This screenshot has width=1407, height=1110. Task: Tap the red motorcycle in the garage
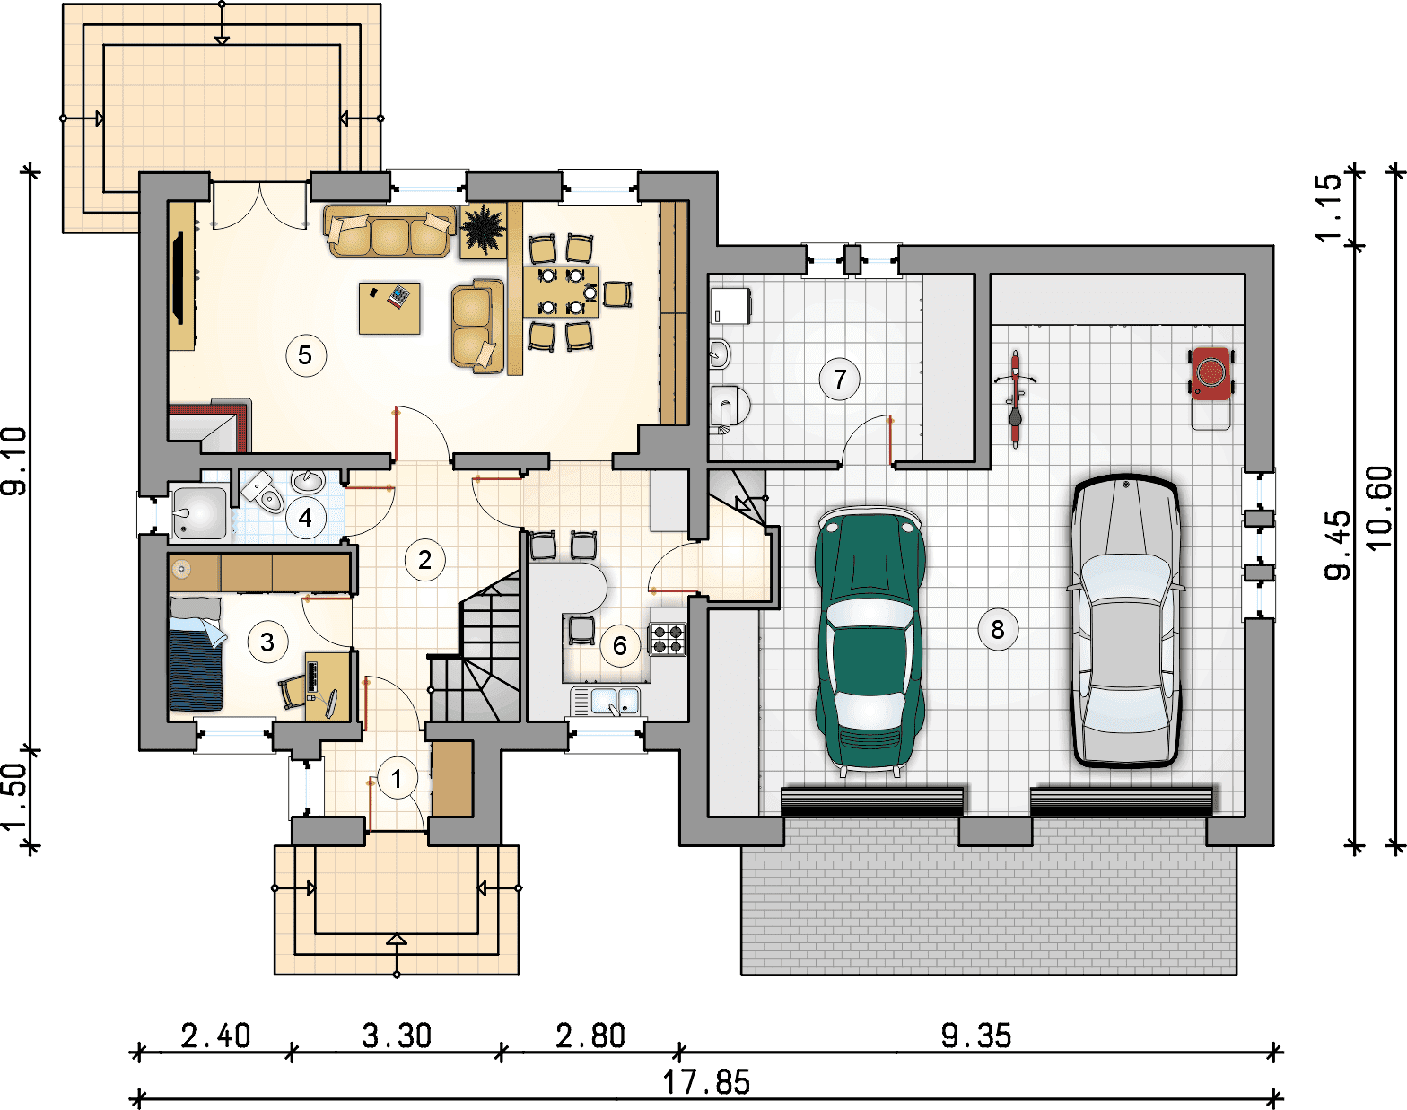click(1015, 398)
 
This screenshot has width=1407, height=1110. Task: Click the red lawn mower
click(1211, 380)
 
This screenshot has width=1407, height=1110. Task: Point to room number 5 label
click(305, 355)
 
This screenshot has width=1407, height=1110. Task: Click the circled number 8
click(997, 630)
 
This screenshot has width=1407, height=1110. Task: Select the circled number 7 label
click(840, 379)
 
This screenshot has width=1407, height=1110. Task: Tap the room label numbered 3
click(267, 642)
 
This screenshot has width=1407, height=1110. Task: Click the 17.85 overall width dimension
click(706, 1082)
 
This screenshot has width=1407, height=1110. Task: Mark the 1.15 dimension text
click(1329, 207)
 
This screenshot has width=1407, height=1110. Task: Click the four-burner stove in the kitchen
click(667, 639)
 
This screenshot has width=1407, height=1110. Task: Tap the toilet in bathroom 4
click(264, 492)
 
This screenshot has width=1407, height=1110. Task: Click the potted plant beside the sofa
click(484, 231)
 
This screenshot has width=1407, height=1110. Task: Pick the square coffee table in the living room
click(389, 308)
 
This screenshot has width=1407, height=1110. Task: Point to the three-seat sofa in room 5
click(389, 232)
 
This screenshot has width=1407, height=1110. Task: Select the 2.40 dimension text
click(215, 1036)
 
